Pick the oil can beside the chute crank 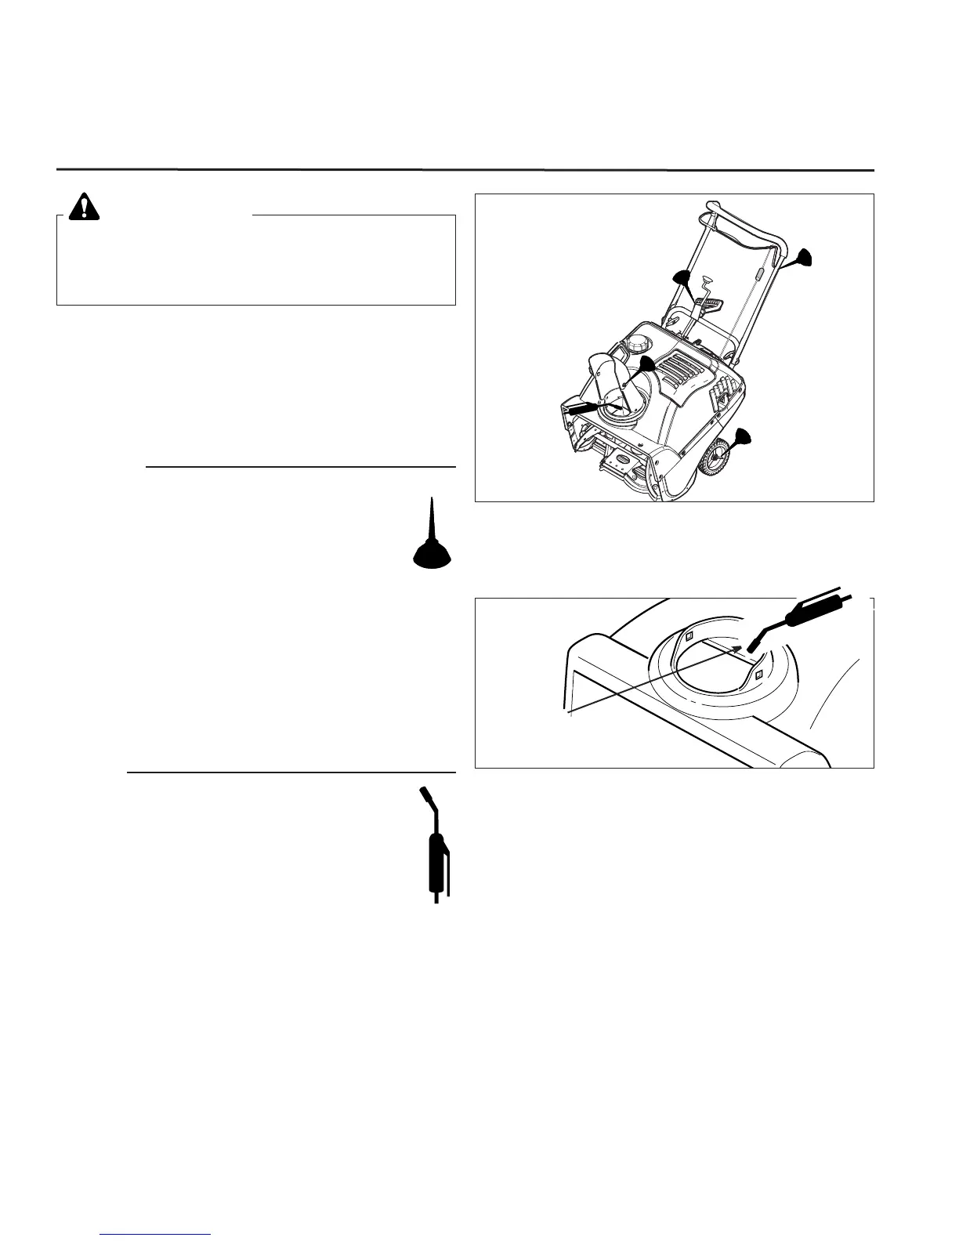click(680, 280)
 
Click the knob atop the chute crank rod click(707, 278)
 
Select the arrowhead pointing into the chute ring click(736, 648)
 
